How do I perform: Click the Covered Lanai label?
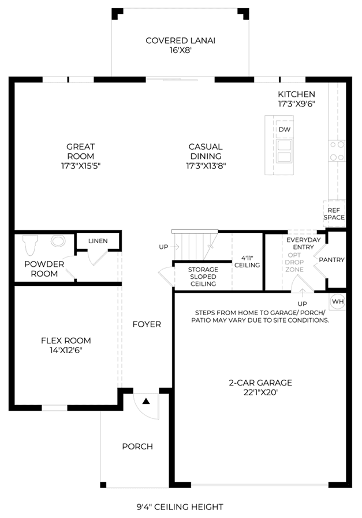click(x=180, y=46)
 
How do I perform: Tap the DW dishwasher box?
click(x=284, y=129)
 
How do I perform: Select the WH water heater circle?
click(x=338, y=301)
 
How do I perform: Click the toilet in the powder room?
click(x=30, y=245)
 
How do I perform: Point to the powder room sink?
click(x=58, y=240)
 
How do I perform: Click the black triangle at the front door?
click(x=146, y=401)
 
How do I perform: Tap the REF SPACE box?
click(x=334, y=213)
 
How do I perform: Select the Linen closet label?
click(x=98, y=241)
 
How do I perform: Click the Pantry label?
click(x=331, y=260)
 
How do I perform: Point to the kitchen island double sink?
click(x=284, y=152)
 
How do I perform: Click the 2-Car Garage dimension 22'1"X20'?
click(x=260, y=392)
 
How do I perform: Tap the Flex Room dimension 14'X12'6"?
click(x=66, y=350)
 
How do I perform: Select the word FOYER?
click(x=147, y=324)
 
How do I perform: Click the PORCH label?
click(x=137, y=447)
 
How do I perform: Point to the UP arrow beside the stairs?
click(x=175, y=247)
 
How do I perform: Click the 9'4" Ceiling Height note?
click(x=180, y=506)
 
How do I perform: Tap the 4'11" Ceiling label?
click(x=247, y=262)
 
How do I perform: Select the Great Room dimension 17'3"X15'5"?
click(x=80, y=165)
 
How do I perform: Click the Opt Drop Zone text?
click(x=294, y=262)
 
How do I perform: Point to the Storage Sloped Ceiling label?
click(x=203, y=277)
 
